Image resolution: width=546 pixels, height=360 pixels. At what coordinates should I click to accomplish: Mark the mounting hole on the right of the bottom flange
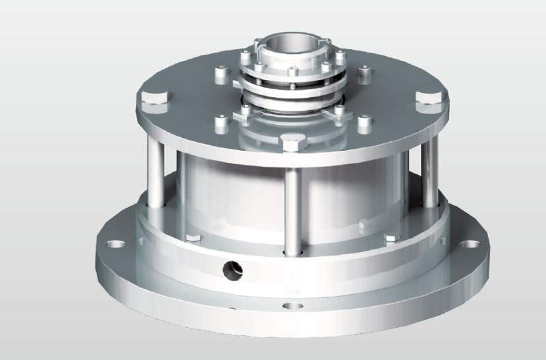coord(472,243)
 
